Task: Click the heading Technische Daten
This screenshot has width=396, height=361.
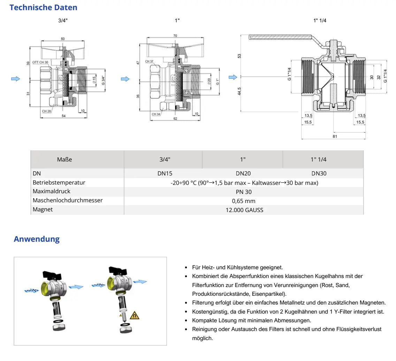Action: (x=44, y=7)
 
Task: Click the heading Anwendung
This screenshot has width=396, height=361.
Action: (x=37, y=239)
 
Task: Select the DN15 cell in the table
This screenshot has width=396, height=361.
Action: (x=163, y=173)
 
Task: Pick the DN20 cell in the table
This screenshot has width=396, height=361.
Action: (x=243, y=173)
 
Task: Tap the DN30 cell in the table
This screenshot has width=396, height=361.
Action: (x=319, y=173)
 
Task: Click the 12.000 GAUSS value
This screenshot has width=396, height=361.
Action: (x=244, y=210)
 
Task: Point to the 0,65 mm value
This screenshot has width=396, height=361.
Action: (x=244, y=201)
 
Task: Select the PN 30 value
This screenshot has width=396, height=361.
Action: (x=244, y=192)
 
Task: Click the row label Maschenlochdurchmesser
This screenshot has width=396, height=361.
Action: (x=68, y=201)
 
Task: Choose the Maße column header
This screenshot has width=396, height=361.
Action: (x=64, y=159)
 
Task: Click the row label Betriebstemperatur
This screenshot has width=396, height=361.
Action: (x=59, y=182)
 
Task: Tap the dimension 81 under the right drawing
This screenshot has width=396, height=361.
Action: (x=335, y=136)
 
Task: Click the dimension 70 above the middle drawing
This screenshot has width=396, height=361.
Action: (x=175, y=36)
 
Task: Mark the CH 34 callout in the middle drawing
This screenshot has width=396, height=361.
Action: (x=156, y=114)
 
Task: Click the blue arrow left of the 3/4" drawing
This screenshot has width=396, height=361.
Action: (x=15, y=79)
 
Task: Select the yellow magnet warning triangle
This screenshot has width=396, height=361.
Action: (x=134, y=316)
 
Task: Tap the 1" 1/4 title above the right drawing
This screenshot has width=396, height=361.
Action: (x=320, y=21)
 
